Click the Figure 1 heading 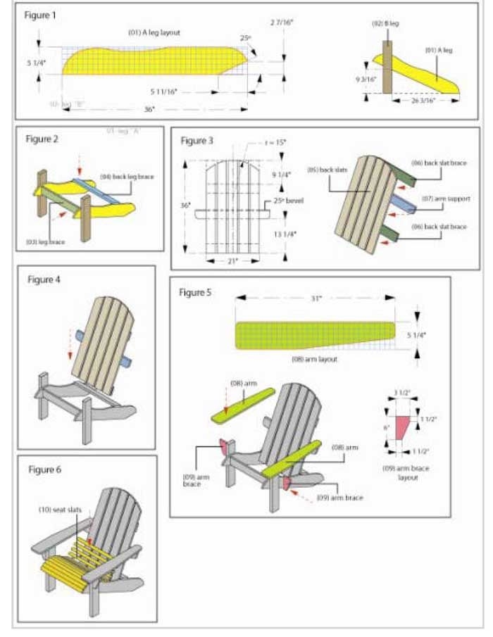(x=40, y=15)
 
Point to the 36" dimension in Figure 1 (x=150, y=109)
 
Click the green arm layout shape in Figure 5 (x=310, y=335)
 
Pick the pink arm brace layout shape (x=402, y=427)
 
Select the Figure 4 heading (x=44, y=279)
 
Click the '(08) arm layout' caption (x=315, y=359)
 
